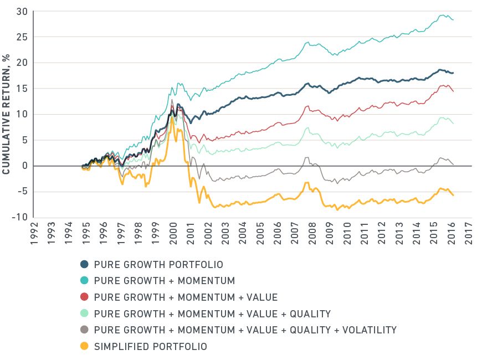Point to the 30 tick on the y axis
(22, 12)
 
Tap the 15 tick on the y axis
(22, 89)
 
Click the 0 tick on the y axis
(25, 166)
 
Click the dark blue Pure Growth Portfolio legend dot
(85, 265)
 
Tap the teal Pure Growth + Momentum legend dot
(85, 281)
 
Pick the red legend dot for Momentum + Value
(85, 297)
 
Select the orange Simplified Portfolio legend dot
(85, 347)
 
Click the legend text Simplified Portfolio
(151, 347)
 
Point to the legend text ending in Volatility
(245, 330)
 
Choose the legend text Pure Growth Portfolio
(159, 265)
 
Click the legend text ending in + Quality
(213, 314)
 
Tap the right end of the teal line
(453, 19)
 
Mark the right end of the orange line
(453, 195)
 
